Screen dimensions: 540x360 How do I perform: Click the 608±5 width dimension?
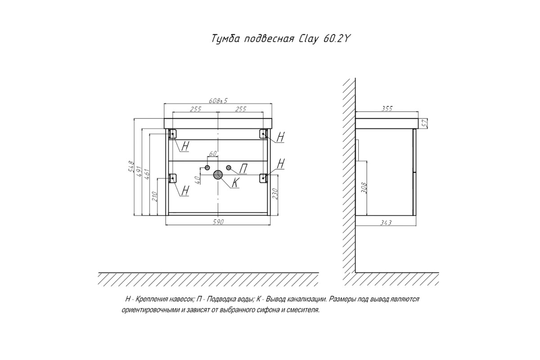[218, 100]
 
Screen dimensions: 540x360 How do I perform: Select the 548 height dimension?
[130, 166]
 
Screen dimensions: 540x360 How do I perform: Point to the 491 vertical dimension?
[139, 171]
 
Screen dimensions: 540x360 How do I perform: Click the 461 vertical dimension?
[147, 175]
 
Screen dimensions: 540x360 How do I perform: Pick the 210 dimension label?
[154, 197]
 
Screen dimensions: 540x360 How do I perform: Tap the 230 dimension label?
[275, 193]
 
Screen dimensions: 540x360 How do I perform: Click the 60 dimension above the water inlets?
[213, 153]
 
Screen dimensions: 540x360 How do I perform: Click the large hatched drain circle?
[218, 175]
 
